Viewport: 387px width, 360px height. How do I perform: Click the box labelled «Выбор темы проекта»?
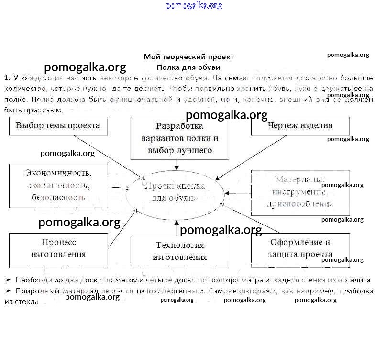[58, 126]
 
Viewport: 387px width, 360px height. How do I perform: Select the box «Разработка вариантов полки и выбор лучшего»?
[179, 138]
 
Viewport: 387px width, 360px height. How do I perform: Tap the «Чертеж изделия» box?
[300, 126]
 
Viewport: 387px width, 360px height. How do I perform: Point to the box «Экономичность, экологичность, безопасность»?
[58, 185]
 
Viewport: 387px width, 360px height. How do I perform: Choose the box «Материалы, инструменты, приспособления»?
[300, 191]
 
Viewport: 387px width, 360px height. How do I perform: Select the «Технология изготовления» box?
[179, 251]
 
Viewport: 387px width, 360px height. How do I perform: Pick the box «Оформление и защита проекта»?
[300, 249]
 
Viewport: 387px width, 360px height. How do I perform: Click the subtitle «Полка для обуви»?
[188, 67]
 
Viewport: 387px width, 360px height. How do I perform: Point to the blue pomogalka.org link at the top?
[194, 6]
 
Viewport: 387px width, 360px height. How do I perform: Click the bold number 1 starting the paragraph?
[7, 78]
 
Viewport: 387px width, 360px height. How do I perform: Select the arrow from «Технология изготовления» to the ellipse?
[177, 228]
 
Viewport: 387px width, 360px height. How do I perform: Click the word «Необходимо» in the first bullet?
[36, 280]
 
